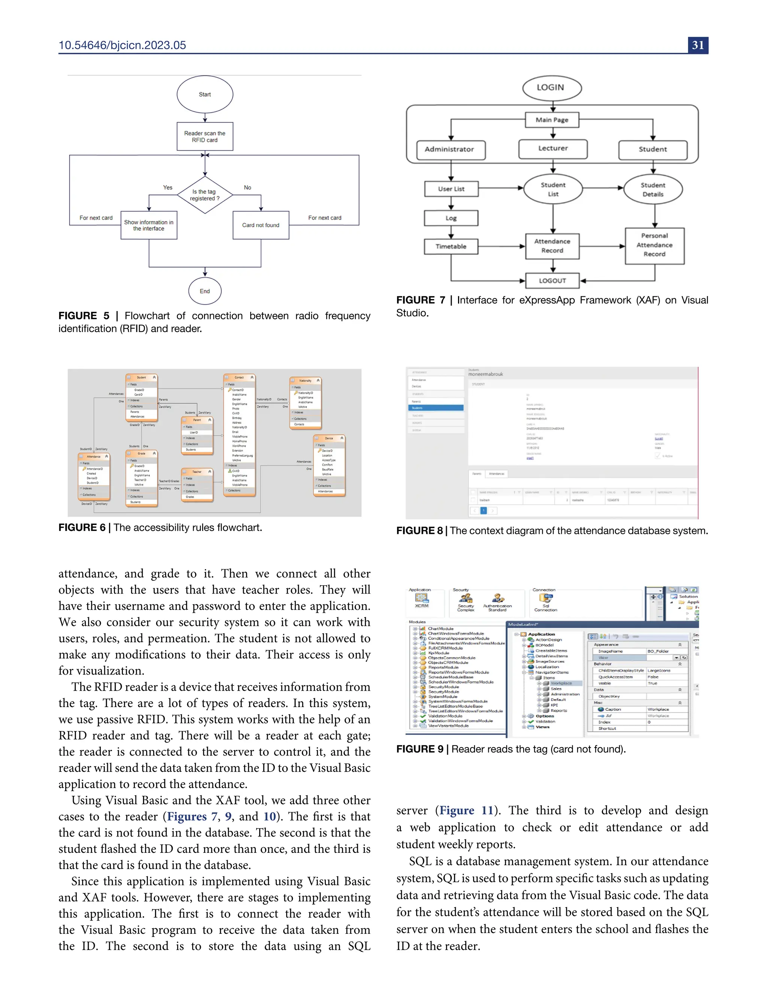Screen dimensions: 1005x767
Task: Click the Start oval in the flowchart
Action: pos(204,94)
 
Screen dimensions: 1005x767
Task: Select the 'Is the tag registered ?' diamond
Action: pos(205,195)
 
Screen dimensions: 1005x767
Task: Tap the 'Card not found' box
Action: pos(261,225)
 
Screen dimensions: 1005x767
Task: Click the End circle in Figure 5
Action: pos(204,291)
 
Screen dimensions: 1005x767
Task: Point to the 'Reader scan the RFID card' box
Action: pos(204,137)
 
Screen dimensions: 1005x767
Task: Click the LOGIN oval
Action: pos(552,87)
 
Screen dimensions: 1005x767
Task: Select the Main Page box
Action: pos(552,120)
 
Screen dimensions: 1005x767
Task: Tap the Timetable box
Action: pos(451,246)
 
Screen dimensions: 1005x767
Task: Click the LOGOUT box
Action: pos(552,281)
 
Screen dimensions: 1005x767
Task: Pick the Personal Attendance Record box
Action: pos(654,245)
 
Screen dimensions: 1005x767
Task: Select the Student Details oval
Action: pos(653,190)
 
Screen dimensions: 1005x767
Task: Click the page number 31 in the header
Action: pos(698,45)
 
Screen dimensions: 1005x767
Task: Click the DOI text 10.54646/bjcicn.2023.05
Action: pos(122,45)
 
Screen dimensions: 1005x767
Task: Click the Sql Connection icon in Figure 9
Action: pos(546,601)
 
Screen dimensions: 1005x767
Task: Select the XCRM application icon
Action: pos(421,600)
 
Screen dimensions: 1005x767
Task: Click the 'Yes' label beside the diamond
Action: pos(167,187)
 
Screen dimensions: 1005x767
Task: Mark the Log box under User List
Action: pos(451,218)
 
